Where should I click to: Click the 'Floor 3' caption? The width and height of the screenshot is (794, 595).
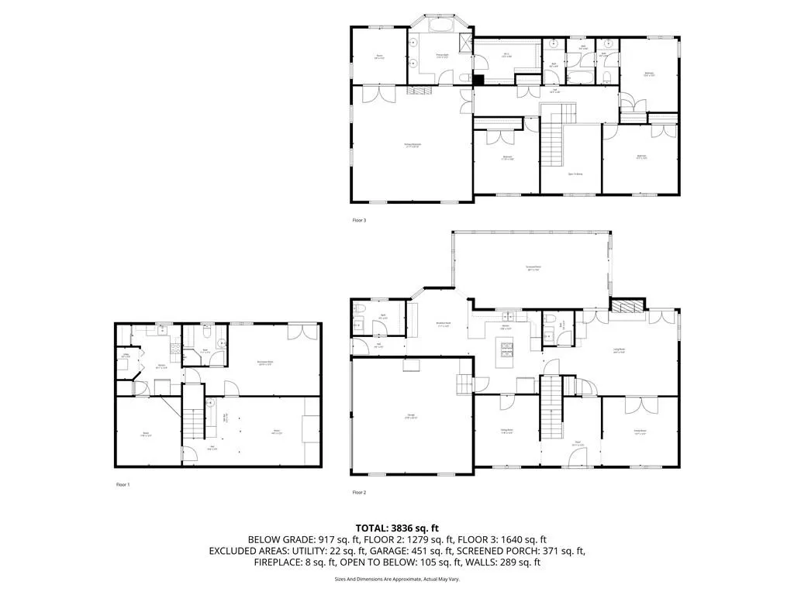click(359, 220)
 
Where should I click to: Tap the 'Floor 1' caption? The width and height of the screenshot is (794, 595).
click(123, 485)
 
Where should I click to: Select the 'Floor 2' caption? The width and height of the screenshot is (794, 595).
click(359, 492)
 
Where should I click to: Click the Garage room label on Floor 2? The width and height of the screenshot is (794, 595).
click(410, 417)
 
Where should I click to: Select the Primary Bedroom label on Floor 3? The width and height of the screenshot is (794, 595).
click(411, 145)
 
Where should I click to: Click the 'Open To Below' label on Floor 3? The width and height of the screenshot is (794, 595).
click(575, 174)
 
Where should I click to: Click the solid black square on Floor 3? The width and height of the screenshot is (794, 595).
click(478, 78)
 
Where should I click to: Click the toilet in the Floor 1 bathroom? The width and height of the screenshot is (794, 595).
click(208, 330)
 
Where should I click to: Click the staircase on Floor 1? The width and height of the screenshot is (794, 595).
click(192, 422)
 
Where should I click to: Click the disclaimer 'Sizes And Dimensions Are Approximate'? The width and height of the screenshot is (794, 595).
click(397, 579)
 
